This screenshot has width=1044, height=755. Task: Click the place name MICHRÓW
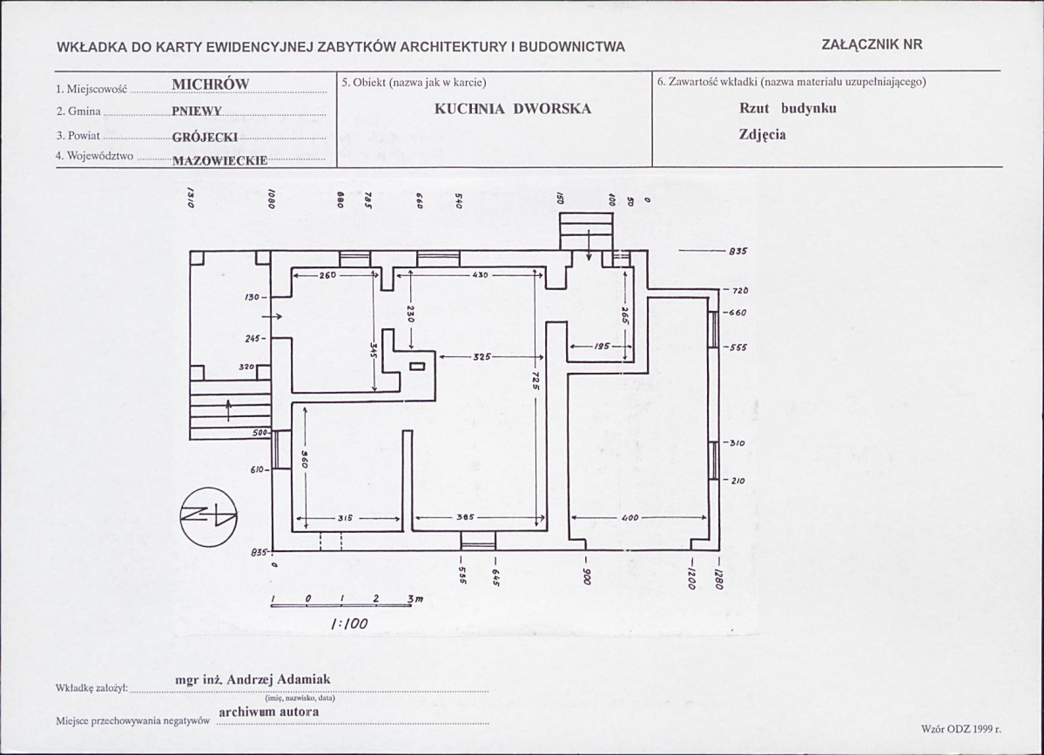211,84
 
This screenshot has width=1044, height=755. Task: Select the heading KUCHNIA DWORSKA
513,109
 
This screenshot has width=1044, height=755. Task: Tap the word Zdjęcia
763,134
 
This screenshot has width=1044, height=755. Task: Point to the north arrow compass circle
208,516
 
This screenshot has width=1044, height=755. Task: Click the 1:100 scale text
349,624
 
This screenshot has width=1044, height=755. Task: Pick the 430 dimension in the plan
480,273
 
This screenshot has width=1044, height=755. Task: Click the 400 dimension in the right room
630,517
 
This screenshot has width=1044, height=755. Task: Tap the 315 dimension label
344,517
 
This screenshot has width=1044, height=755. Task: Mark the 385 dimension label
465,517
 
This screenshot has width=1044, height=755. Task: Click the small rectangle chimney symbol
417,366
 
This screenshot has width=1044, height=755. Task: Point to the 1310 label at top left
190,198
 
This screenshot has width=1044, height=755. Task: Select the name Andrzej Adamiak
279,679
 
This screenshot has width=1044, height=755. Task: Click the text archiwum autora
269,711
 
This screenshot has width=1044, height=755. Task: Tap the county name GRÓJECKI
205,138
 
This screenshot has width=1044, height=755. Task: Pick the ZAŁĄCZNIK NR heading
872,44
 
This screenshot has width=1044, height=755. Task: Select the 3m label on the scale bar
415,599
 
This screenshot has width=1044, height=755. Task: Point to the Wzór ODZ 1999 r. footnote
961,729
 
